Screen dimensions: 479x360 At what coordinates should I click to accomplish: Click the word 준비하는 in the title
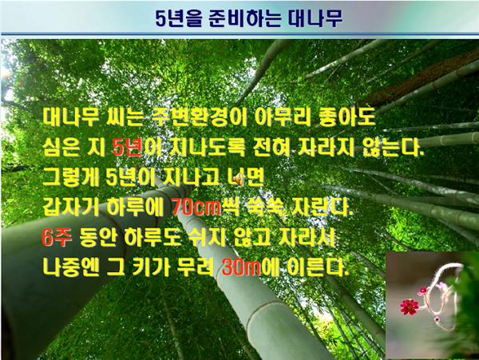tap(245, 18)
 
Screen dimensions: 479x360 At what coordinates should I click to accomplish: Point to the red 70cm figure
tap(196, 207)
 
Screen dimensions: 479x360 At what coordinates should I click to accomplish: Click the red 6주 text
tap(57, 237)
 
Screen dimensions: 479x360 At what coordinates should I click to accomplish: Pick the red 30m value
tap(241, 267)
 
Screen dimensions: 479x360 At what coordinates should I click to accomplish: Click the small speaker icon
tap(239, 178)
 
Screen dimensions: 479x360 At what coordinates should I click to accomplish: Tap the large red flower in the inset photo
tap(410, 307)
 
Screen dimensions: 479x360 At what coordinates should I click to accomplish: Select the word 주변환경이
tap(199, 117)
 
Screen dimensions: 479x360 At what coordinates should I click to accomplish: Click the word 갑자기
tap(71, 207)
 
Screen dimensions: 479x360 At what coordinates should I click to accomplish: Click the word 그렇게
tap(71, 177)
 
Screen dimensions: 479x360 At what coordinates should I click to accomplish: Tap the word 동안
tap(98, 237)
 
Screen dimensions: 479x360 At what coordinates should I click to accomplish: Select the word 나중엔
tap(71, 267)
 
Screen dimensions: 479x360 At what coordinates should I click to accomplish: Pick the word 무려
tap(196, 267)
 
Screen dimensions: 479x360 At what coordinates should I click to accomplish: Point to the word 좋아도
tap(346, 117)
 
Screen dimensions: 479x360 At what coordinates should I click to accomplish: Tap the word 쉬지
tap(208, 237)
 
